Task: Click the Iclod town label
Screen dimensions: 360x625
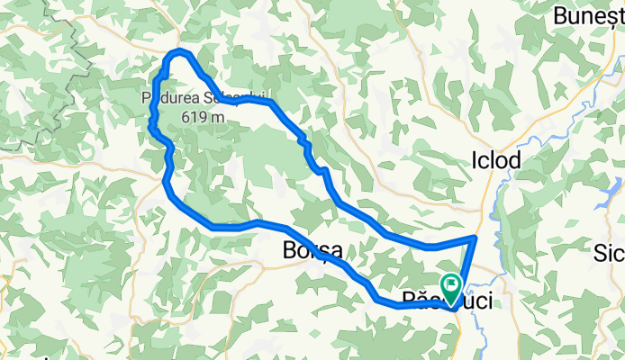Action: [496, 160]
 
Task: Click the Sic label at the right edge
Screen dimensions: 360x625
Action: [607, 253]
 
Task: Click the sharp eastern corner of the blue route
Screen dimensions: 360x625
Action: [475, 238]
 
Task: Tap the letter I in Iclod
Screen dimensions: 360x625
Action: [475, 160]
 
